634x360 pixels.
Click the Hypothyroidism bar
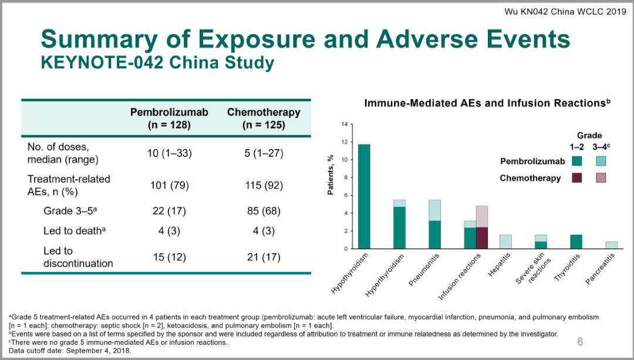coord(364,197)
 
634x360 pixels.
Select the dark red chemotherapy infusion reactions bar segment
coord(481,238)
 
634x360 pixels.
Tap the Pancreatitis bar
coord(611,245)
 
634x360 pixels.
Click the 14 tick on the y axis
coord(345,125)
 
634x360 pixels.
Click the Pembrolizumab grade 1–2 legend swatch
coord(578,161)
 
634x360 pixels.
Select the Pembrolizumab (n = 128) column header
coord(169,118)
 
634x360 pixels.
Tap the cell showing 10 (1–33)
coord(169,153)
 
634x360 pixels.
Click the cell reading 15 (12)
coord(169,257)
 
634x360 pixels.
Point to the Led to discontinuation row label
coord(78,257)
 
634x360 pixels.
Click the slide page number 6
coord(580,342)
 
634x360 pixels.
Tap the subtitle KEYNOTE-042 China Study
coord(157,62)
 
